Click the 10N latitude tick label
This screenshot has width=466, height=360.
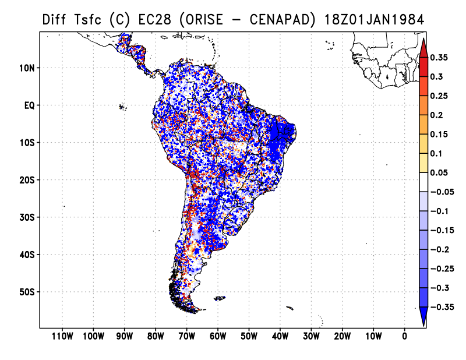pos(27,68)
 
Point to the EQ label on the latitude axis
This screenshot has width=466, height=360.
pos(30,105)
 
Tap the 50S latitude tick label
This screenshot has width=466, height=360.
pos(27,292)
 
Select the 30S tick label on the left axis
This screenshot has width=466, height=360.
pos(27,217)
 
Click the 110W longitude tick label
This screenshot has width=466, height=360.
pos(62,336)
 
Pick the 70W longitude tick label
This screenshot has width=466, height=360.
pos(186,336)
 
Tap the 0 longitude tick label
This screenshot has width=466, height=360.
pos(404,336)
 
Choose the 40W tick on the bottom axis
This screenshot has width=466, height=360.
pos(280,336)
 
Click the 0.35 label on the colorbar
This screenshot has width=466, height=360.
pos(439,57)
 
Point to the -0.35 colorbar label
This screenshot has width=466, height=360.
pos(442,307)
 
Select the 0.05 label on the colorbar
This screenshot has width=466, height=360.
pos(439,172)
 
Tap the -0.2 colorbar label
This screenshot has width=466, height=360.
pos(440,249)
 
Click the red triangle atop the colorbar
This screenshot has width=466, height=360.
pos(423,48)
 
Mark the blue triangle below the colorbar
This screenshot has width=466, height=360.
pos(423,316)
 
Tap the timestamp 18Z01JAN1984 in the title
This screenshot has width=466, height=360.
pos(374,20)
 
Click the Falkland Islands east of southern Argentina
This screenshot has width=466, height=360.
pos(220,298)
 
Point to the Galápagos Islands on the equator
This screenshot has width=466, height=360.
pos(122,107)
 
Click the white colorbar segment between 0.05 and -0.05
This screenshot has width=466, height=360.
pos(423,182)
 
